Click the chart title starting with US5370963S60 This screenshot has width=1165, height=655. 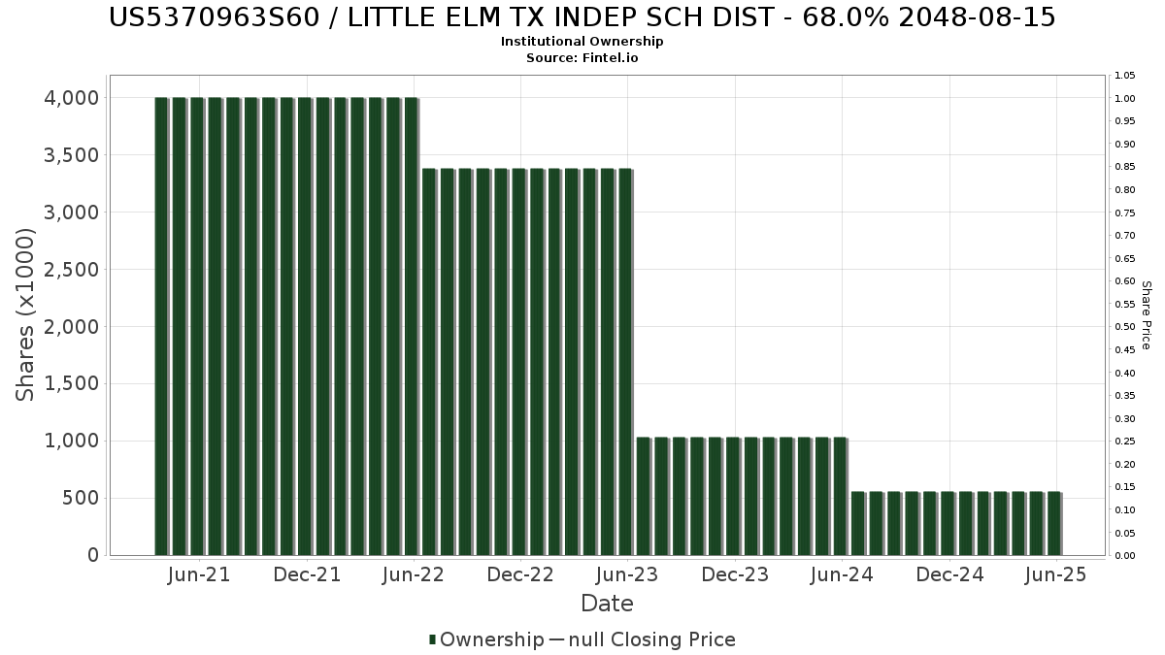pyautogui.click(x=582, y=17)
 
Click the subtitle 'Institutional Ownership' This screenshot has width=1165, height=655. pyautogui.click(x=582, y=42)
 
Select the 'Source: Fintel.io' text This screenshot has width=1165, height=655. pyautogui.click(x=582, y=58)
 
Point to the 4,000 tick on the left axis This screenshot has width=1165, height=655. pyautogui.click(x=72, y=98)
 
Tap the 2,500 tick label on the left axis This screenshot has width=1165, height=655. pyautogui.click(x=72, y=270)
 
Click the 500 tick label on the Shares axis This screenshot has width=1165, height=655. pyautogui.click(x=81, y=499)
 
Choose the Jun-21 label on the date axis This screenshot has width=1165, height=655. pyautogui.click(x=199, y=574)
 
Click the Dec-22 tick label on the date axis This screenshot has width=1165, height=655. pyautogui.click(x=520, y=574)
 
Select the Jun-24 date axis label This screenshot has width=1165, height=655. pyautogui.click(x=842, y=574)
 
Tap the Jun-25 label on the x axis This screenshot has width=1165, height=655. pyautogui.click(x=1056, y=574)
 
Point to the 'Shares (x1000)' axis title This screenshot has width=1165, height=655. pyautogui.click(x=26, y=314)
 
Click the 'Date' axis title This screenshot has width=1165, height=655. pyautogui.click(x=607, y=604)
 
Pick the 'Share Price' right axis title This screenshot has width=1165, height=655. pyautogui.click(x=1146, y=315)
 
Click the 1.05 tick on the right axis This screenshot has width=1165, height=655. pyautogui.click(x=1125, y=76)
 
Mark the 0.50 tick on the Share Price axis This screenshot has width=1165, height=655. pyautogui.click(x=1125, y=327)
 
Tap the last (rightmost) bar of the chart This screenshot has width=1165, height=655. pyautogui.click(x=1053, y=524)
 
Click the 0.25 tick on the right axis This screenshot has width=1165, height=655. pyautogui.click(x=1125, y=442)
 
